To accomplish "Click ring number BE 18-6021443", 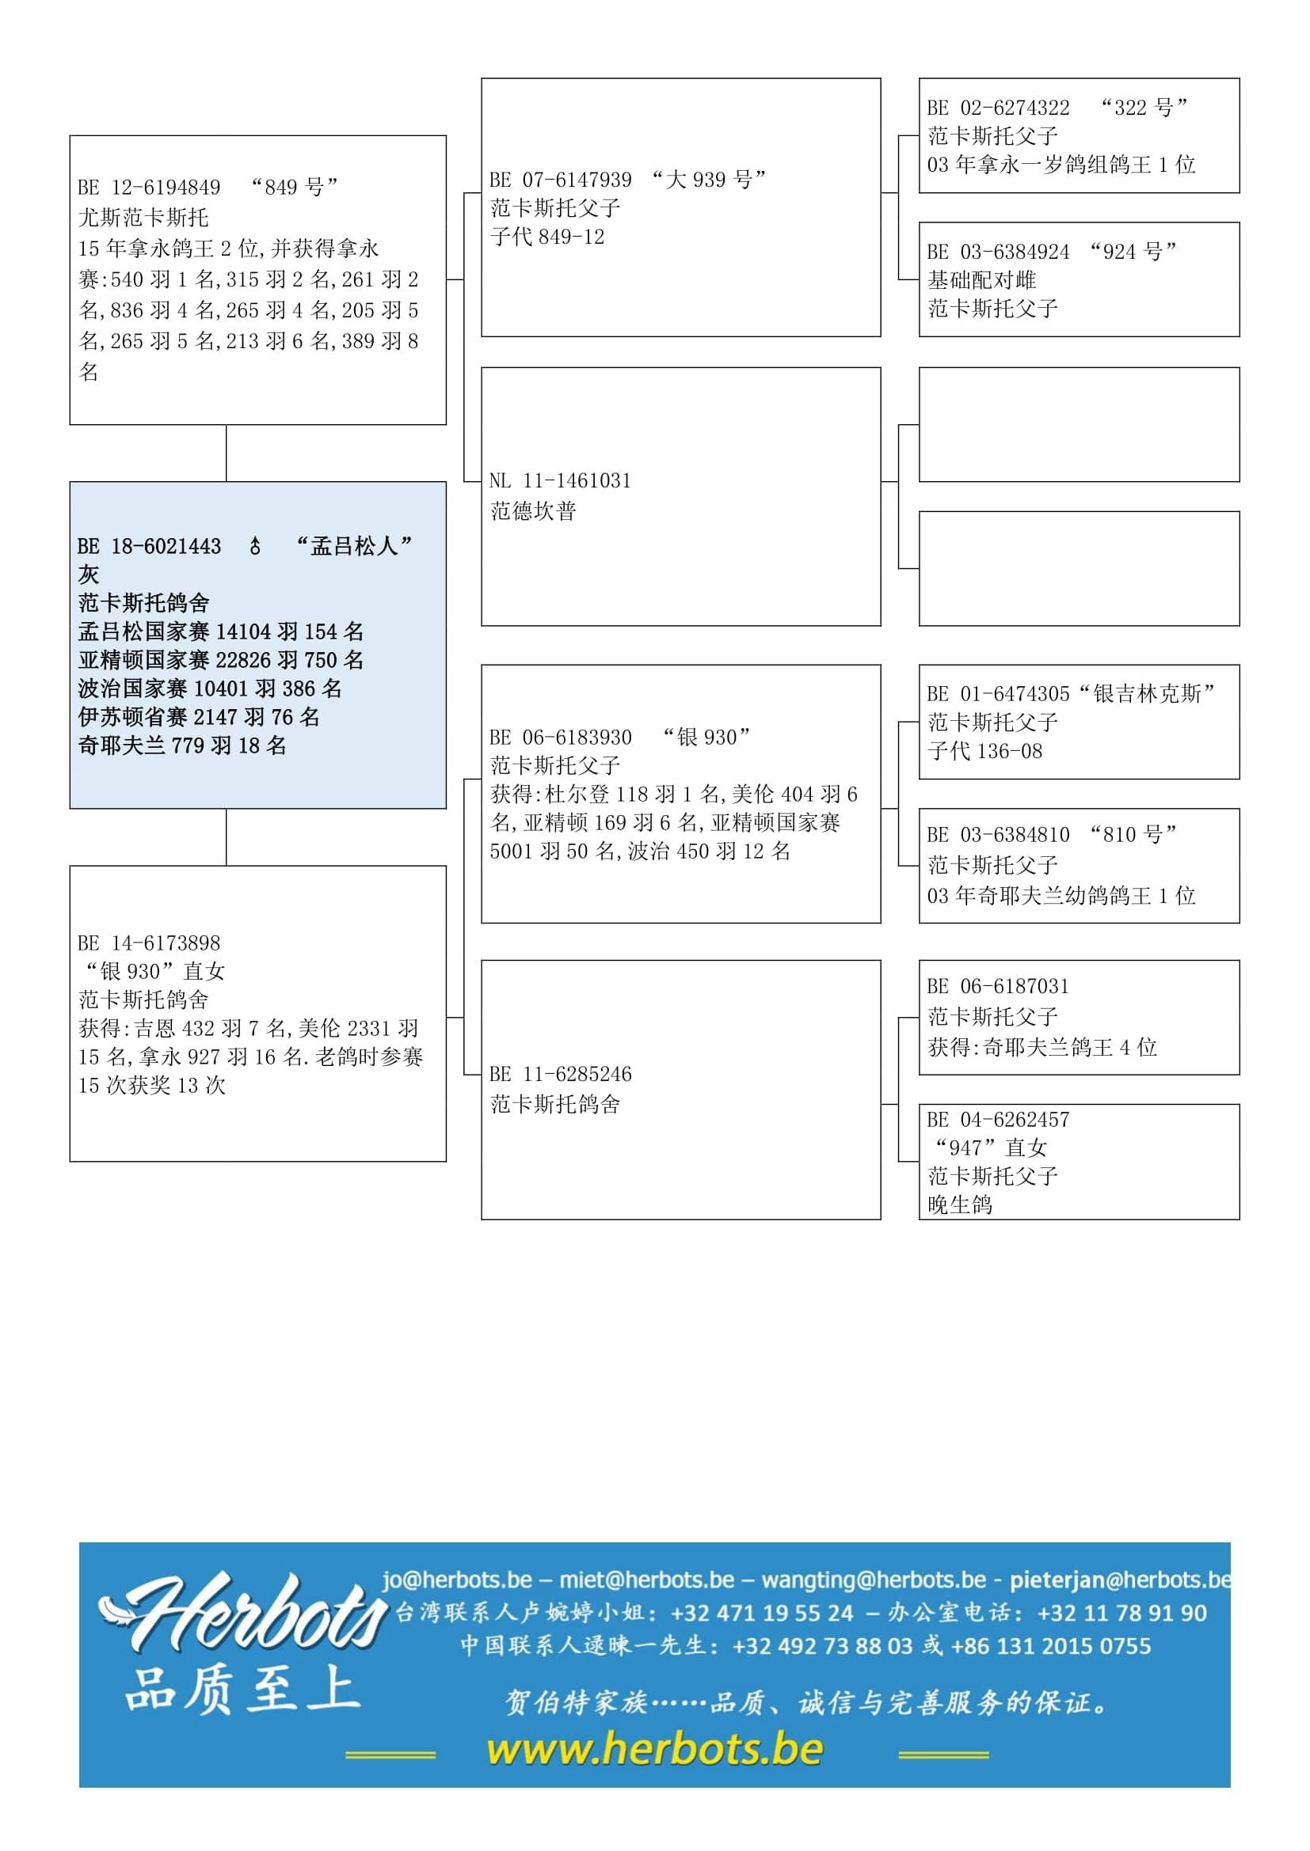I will coord(149,547).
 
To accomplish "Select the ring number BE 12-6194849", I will coord(149,188).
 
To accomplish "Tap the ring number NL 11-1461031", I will coord(560,481).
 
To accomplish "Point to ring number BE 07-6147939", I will coord(560,180).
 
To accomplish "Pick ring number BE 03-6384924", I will coord(998,252).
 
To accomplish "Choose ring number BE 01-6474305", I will coord(998,694).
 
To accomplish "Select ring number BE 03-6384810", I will coord(998,835).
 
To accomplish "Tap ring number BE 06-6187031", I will coord(998,987).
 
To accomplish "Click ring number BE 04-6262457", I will coord(998,1120).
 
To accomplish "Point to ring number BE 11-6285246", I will coord(560,1075).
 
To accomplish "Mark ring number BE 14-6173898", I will coord(149,943).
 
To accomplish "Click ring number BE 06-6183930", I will coord(560,738).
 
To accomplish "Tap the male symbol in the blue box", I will coord(255,547).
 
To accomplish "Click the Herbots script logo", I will coord(242,1612).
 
